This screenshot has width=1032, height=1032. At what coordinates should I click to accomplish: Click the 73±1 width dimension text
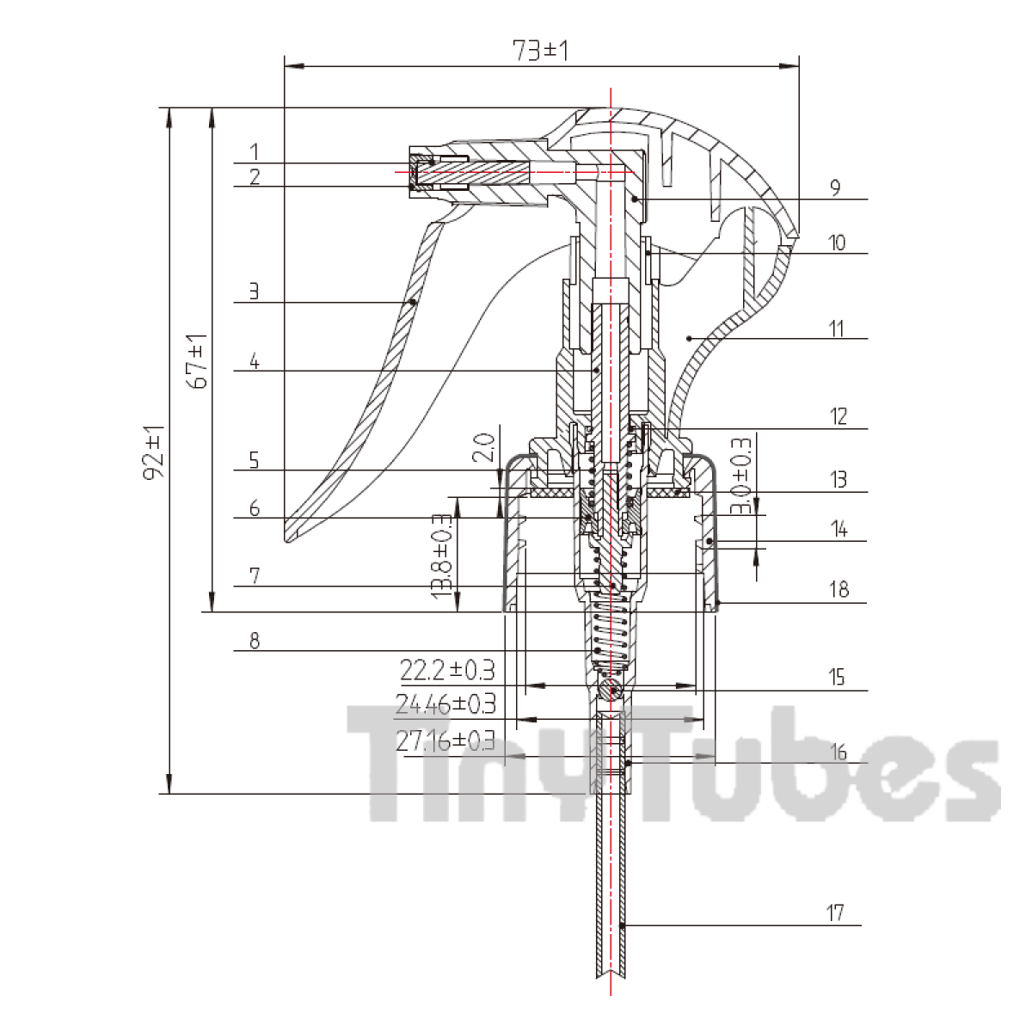pyautogui.click(x=540, y=51)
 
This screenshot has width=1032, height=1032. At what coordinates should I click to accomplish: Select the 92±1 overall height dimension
pyautogui.click(x=155, y=452)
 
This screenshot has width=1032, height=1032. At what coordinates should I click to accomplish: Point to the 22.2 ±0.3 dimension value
pyautogui.click(x=447, y=670)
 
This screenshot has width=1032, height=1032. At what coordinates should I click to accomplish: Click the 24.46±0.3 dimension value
pyautogui.click(x=445, y=704)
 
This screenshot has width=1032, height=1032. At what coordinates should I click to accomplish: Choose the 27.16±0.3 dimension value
pyautogui.click(x=445, y=740)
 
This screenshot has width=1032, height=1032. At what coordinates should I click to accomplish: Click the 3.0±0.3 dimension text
pyautogui.click(x=740, y=476)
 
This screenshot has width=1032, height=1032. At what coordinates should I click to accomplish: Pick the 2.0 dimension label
pyautogui.click(x=483, y=448)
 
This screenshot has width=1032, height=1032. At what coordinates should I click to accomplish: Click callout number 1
pyautogui.click(x=255, y=151)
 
